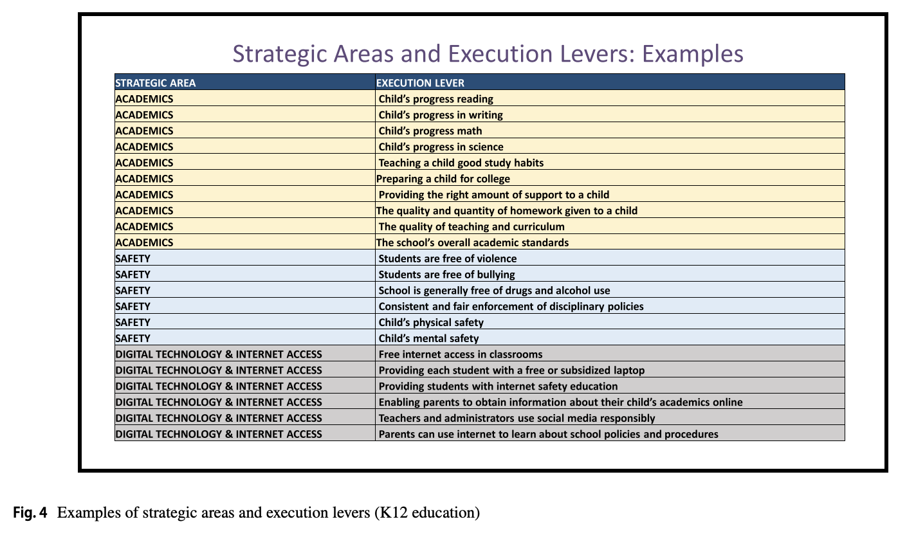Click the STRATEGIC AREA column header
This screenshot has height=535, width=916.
(x=155, y=83)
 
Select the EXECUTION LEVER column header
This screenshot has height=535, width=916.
(x=420, y=83)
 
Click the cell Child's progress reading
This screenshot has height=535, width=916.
(x=435, y=99)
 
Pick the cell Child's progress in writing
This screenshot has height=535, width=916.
(x=441, y=115)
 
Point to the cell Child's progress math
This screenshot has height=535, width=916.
(x=430, y=131)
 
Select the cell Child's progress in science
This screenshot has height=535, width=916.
(x=441, y=147)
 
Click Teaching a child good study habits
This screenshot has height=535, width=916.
(x=461, y=163)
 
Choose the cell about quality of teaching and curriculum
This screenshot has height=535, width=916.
(x=472, y=226)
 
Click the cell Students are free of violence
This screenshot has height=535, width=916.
(x=447, y=258)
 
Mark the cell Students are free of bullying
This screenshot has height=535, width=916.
(x=446, y=275)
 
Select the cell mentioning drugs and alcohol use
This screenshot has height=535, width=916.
(x=494, y=291)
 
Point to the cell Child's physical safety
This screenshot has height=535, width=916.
(x=431, y=322)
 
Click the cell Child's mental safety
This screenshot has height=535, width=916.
(x=428, y=338)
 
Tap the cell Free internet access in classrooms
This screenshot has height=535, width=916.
(x=460, y=354)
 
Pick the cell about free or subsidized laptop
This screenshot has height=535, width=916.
(x=511, y=370)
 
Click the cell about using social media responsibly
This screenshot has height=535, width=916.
(x=517, y=418)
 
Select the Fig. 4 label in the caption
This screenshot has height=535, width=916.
(x=30, y=513)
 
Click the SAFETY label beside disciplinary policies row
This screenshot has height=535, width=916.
(x=133, y=307)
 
